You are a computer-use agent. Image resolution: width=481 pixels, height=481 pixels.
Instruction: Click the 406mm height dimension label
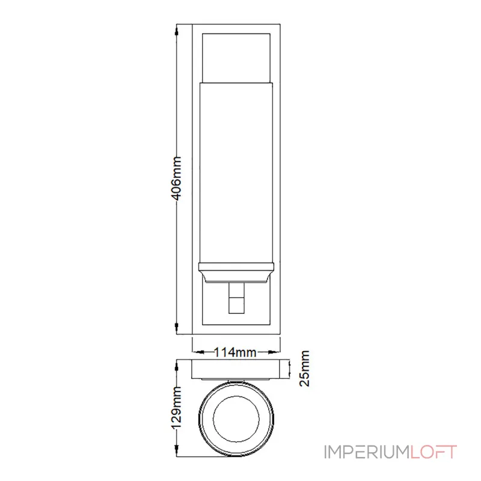coord(177,180)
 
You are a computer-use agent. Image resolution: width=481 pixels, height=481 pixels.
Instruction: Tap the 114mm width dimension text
coord(236,352)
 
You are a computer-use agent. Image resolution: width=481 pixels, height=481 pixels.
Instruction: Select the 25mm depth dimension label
coord(305,367)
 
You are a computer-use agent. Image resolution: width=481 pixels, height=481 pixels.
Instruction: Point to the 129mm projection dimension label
coord(177,415)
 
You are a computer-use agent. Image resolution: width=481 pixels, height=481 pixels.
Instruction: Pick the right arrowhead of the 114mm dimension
coord(278,352)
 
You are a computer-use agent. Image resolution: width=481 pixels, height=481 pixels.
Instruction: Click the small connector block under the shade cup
coord(236,299)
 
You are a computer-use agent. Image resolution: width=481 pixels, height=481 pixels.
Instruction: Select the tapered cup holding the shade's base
coord(236,274)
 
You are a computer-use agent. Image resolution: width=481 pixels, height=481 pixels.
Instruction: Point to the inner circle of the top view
coord(236,418)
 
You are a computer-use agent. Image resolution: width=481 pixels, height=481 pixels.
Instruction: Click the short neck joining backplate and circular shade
coord(236,380)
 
